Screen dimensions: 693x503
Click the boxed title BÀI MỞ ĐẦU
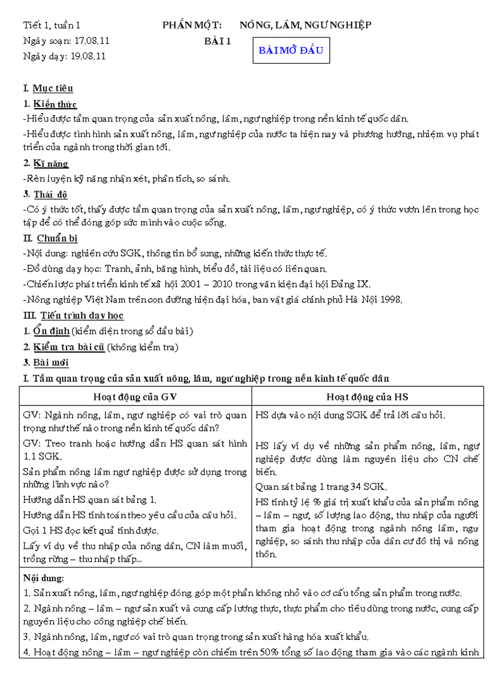click(x=290, y=51)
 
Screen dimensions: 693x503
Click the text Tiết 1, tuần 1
click(x=51, y=25)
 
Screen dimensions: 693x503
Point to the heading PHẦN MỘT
click(x=188, y=25)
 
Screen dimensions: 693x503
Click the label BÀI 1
click(x=218, y=41)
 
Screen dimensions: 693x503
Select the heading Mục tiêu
click(x=53, y=89)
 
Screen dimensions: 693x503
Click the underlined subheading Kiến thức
click(x=55, y=104)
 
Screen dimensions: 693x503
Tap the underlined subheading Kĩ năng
click(x=51, y=164)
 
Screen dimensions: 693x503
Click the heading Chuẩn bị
click(x=57, y=238)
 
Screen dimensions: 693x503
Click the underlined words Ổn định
click(x=51, y=331)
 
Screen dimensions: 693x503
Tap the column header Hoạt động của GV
click(x=135, y=397)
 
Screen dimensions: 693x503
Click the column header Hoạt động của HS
click(x=367, y=397)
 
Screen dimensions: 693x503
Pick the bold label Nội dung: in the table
click(x=43, y=578)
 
